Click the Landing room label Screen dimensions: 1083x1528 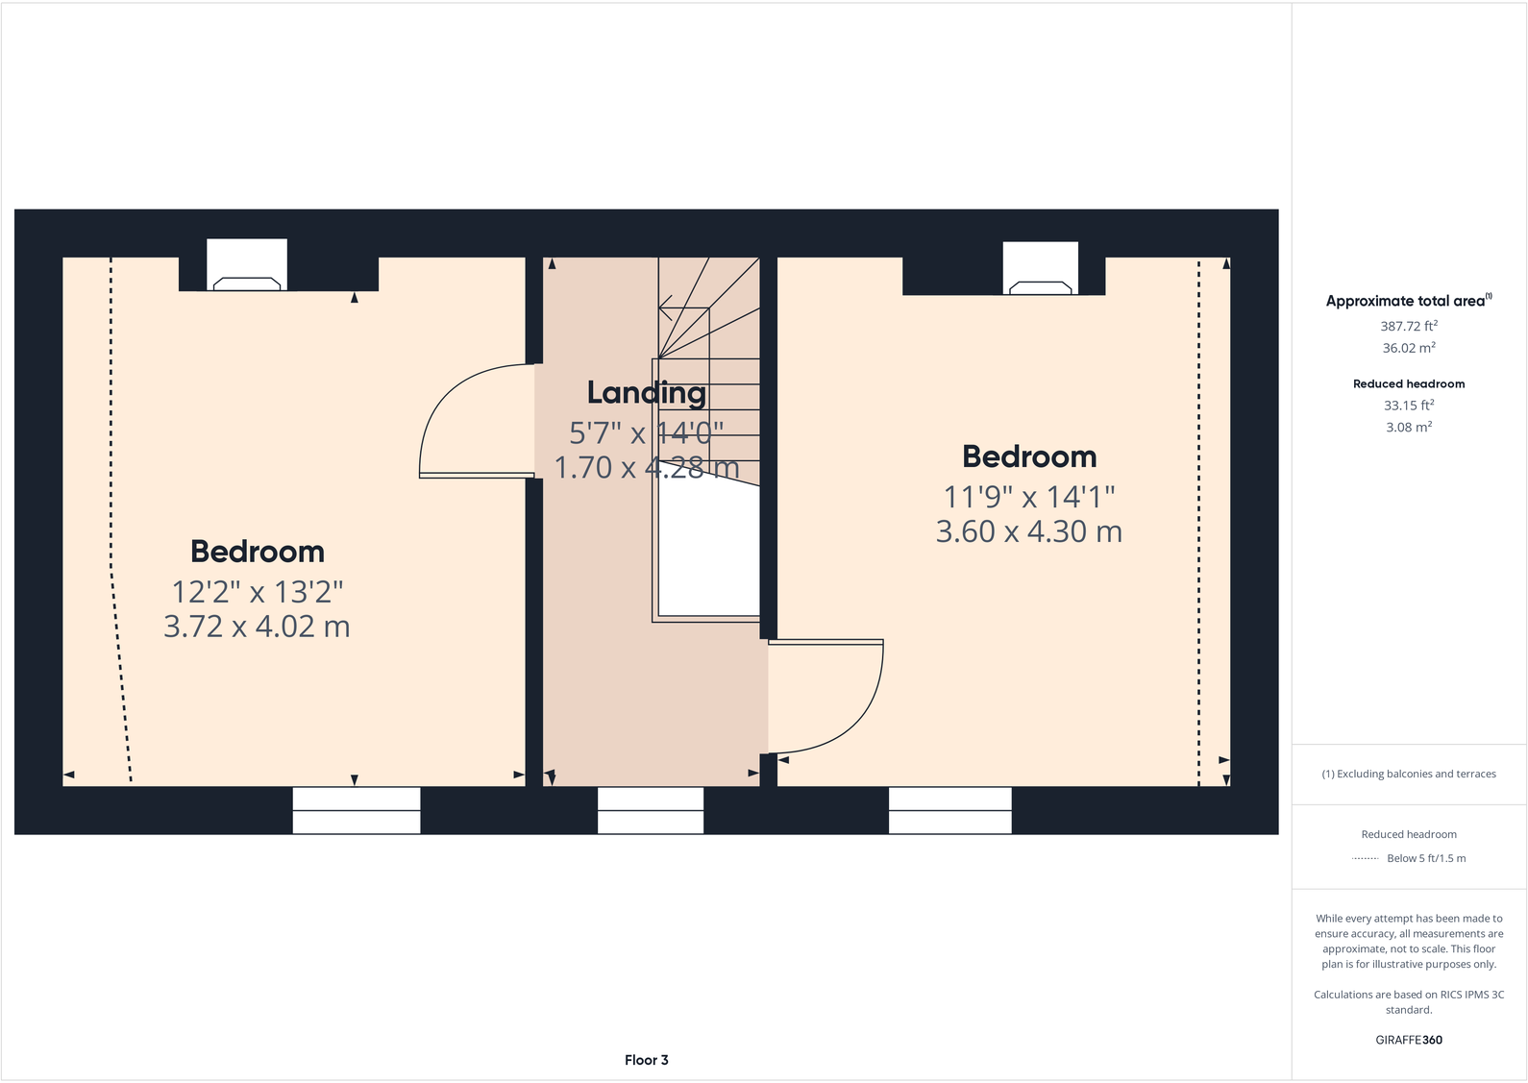[646, 392]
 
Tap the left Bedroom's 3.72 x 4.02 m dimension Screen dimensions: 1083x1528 [257, 627]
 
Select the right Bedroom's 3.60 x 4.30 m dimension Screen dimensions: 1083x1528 [1028, 531]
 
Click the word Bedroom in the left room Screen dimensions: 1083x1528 [258, 552]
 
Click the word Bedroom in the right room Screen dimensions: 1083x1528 [1029, 456]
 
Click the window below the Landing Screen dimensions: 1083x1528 [651, 810]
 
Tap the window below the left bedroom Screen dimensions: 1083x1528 [357, 810]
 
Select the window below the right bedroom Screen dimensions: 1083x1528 [949, 810]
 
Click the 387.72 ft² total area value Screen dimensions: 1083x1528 [1409, 327]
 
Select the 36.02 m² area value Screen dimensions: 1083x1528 [1409, 349]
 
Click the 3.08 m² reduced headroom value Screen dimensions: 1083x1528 [1409, 428]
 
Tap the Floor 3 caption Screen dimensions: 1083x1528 [646, 1060]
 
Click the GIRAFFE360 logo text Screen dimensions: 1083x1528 [1409, 1040]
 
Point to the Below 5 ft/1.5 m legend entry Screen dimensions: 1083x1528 [1426, 858]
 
